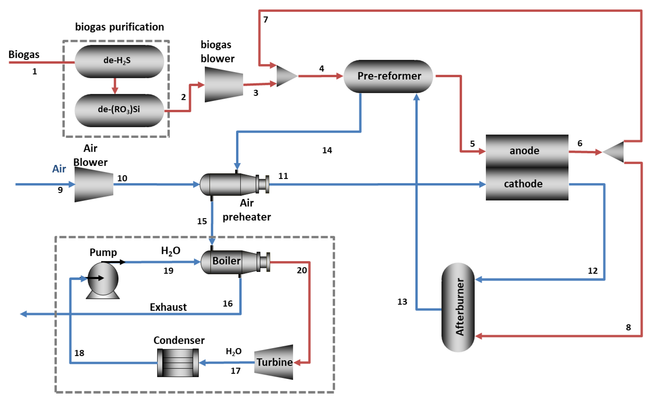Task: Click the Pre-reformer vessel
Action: coord(388,76)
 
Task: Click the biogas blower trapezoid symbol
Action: coord(224,84)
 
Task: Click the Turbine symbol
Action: coord(274,362)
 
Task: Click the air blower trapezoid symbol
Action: coord(94,184)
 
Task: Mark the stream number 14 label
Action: coord(327,150)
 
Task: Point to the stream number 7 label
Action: coord(265,20)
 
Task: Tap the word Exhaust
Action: coord(168,307)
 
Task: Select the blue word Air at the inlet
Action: coord(59,169)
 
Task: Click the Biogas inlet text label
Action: coord(24,55)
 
